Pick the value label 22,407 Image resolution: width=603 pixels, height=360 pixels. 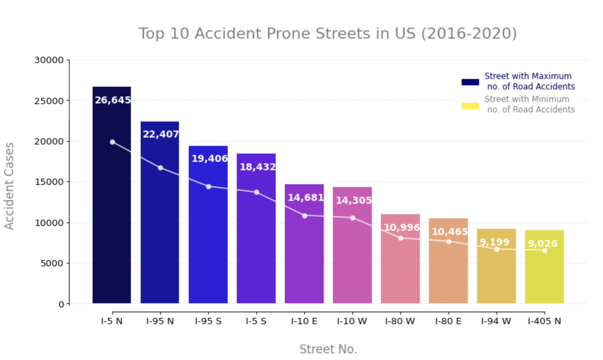coord(160,134)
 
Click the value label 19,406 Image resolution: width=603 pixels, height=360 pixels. coord(209,158)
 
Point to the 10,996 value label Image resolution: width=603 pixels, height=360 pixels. coord(401,227)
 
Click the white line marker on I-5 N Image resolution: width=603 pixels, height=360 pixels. coord(112,142)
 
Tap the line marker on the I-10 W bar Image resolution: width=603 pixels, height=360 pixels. coord(352,218)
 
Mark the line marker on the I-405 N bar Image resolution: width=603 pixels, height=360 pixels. coord(545,251)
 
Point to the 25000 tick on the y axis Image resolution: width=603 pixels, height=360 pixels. coord(49,101)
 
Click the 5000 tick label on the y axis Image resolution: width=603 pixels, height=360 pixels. coord(52,264)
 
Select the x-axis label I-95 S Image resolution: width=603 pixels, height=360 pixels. coord(208,321)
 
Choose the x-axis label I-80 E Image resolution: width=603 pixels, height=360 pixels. coord(448,321)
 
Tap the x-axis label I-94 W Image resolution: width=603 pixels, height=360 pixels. coord(496,321)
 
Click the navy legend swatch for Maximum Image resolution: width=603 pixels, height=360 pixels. coord(470,82)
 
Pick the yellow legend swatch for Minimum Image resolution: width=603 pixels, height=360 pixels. coord(470,106)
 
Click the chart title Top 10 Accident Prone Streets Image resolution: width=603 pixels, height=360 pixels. coord(327,34)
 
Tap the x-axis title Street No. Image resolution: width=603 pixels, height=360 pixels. coord(328,349)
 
